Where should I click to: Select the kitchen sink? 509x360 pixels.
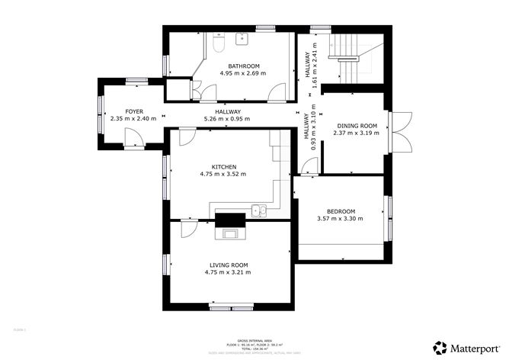[260, 211]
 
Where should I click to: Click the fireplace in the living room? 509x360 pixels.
[229, 221]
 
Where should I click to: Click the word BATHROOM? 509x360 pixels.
[243, 66]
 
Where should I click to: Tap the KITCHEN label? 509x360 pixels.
[224, 166]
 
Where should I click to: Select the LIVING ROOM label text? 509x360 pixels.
[229, 265]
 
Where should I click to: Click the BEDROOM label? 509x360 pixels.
[341, 211]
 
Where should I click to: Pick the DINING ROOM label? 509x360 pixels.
[355, 125]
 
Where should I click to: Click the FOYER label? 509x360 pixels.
[134, 111]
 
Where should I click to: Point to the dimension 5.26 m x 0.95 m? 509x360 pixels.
[228, 119]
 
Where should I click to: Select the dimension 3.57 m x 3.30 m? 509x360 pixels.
[341, 219]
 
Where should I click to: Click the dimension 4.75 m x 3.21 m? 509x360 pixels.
[229, 272]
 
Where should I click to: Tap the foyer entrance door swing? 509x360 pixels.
[131, 138]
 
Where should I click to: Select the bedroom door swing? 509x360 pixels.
[308, 166]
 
